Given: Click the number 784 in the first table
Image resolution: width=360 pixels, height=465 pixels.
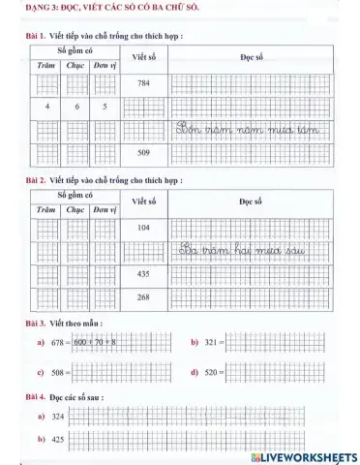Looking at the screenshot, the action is (x=142, y=83).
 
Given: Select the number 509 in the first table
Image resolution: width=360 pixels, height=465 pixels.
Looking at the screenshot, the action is (x=142, y=153).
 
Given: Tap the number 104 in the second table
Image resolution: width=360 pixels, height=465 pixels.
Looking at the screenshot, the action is (x=142, y=227).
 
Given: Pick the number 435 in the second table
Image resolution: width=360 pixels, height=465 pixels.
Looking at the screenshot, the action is (x=142, y=274).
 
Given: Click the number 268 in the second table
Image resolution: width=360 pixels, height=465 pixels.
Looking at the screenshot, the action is (x=142, y=297).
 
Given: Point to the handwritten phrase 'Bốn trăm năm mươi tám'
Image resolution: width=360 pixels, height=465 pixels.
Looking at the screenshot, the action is (x=258, y=128).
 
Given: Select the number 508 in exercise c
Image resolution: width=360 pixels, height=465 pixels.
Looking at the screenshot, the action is (x=60, y=372).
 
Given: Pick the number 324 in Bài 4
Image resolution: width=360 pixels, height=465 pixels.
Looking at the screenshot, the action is (x=57, y=417).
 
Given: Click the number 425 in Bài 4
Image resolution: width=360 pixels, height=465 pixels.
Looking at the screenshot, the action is (x=57, y=440).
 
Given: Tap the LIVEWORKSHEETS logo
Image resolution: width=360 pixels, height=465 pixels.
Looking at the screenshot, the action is (x=303, y=455).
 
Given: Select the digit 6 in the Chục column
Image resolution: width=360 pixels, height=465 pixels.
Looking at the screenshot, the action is (x=76, y=107).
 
